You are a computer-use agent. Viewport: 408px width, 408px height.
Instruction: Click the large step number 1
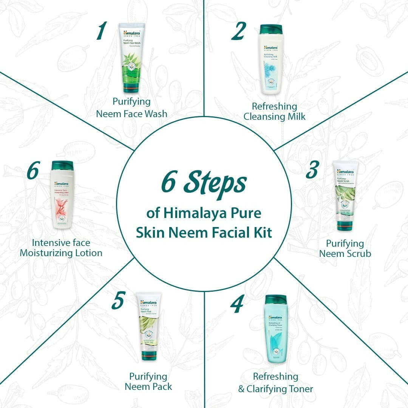pyautogui.click(x=100, y=31)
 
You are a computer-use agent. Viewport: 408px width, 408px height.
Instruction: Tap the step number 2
pyautogui.click(x=238, y=31)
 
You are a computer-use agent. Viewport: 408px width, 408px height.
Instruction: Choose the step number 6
pyautogui.click(x=33, y=171)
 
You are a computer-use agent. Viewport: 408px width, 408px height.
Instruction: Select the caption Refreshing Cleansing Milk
pyautogui.click(x=274, y=111)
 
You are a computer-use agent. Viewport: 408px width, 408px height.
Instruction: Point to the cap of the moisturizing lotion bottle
pyautogui.click(x=62, y=165)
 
